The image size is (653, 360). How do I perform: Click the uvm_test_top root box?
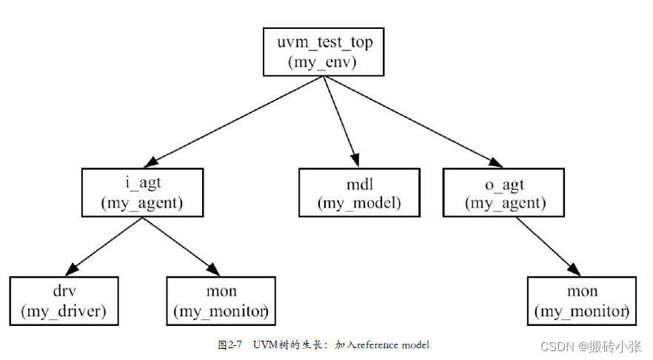pyautogui.click(x=324, y=52)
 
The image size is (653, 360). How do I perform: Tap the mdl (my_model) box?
pyautogui.click(x=359, y=192)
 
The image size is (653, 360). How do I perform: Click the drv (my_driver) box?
pyautogui.click(x=64, y=301)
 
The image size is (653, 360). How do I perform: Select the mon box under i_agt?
pyautogui.click(x=221, y=301)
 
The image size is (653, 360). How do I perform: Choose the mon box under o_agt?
pyautogui.click(x=581, y=301)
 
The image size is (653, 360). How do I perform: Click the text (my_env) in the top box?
pyautogui.click(x=323, y=62)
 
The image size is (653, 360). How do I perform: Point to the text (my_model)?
pyautogui.click(x=359, y=202)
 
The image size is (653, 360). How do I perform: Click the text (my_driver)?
pyautogui.click(x=64, y=312)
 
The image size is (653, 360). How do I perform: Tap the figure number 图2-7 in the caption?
pyautogui.click(x=231, y=345)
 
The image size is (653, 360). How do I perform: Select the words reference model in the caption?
pyautogui.click(x=392, y=345)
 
